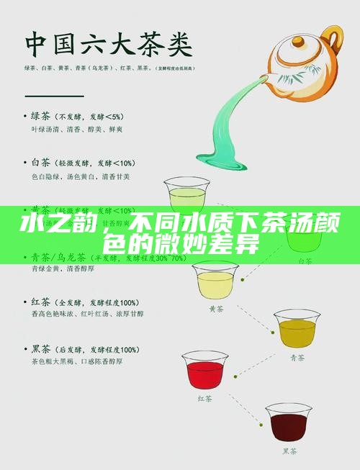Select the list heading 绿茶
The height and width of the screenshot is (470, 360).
pyautogui.click(x=42, y=116)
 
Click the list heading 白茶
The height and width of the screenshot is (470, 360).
pyautogui.click(x=42, y=163)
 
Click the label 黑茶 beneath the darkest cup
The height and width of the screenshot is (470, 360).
pyautogui.click(x=289, y=451)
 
